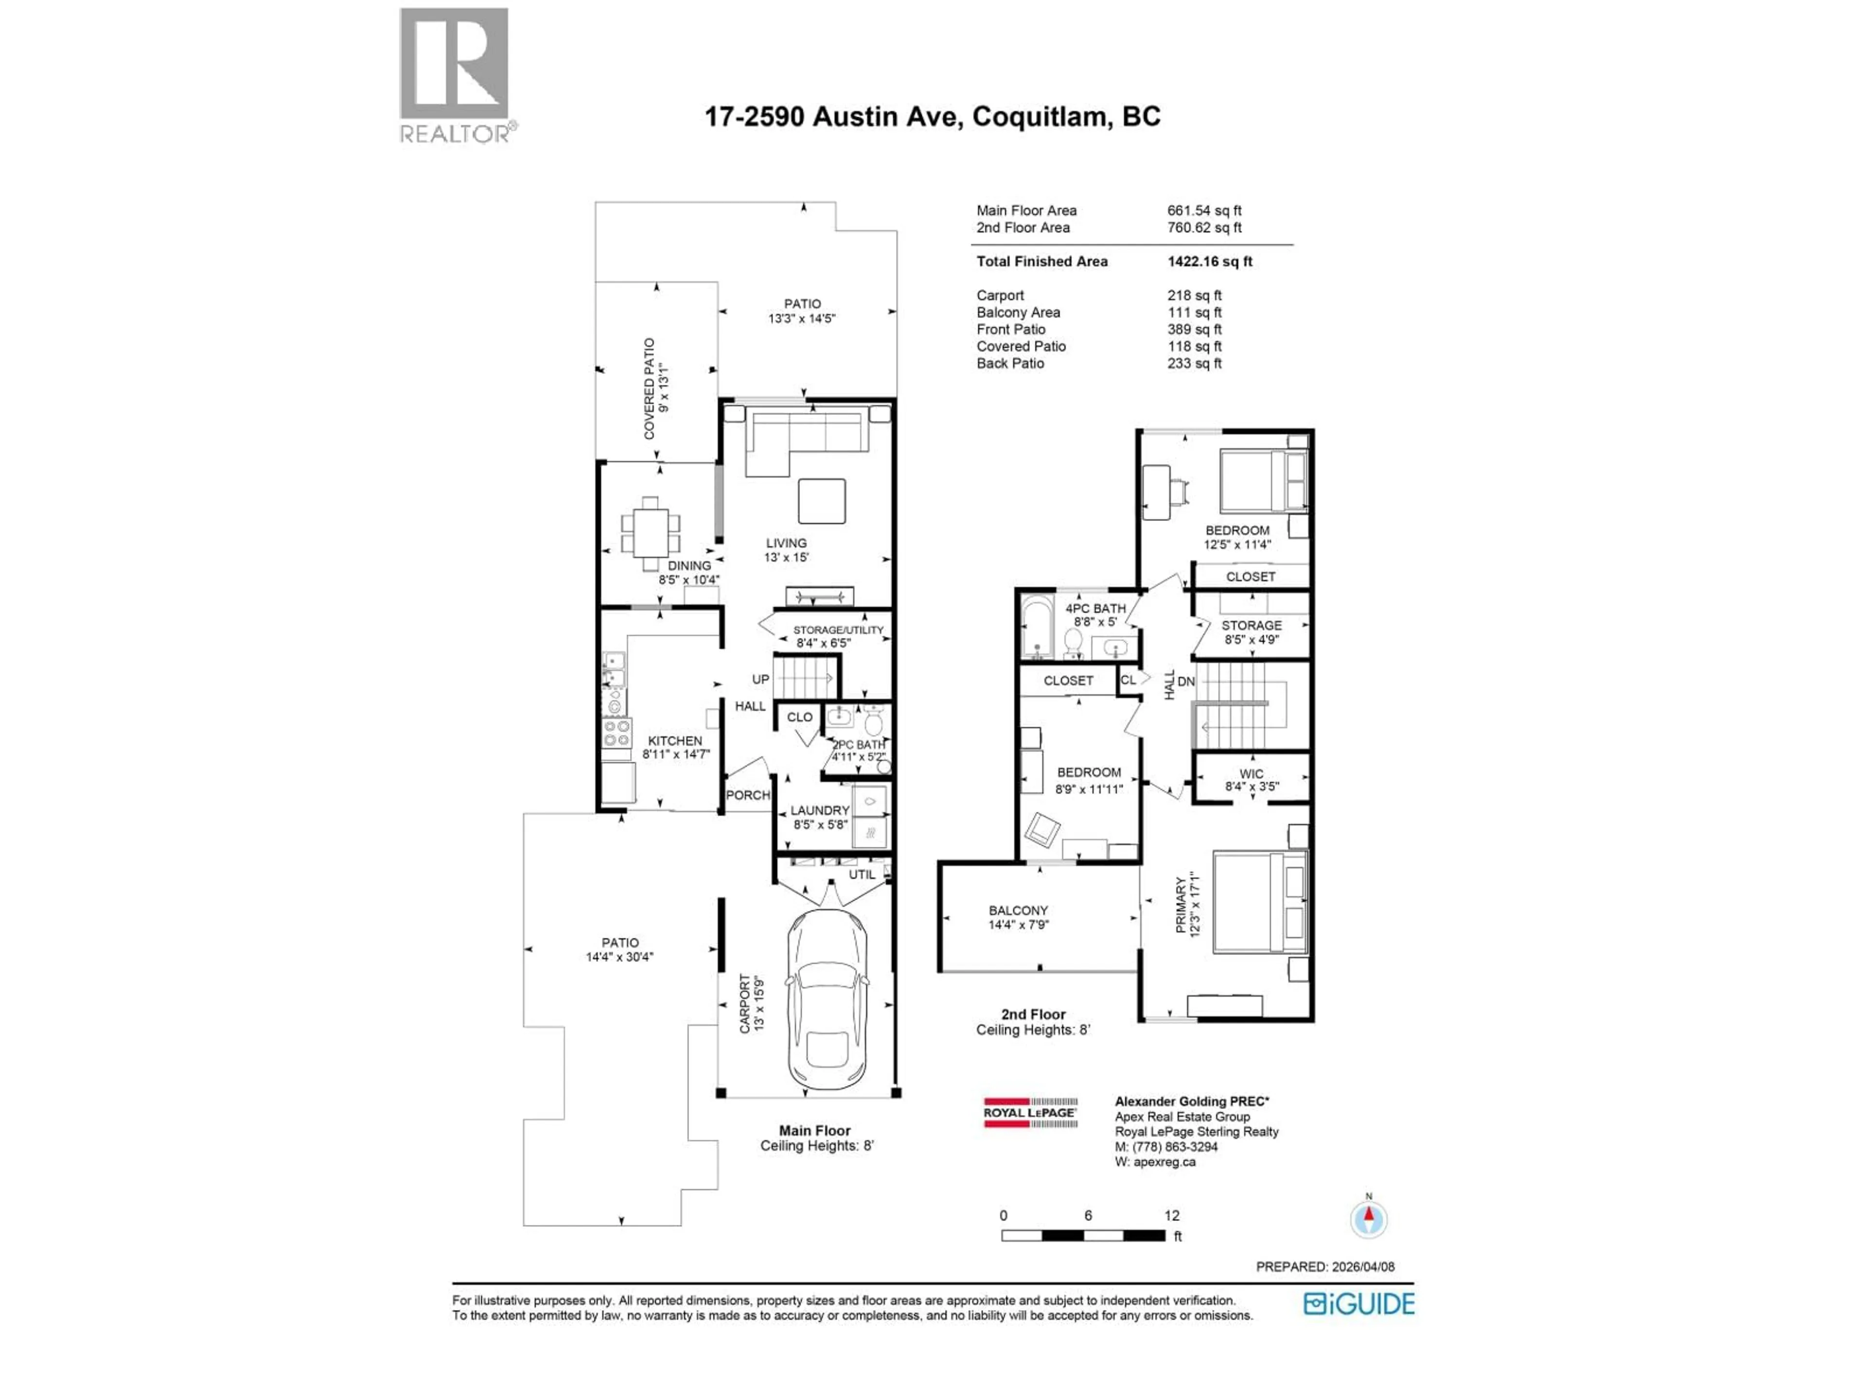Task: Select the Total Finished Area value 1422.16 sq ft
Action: pyautogui.click(x=1210, y=262)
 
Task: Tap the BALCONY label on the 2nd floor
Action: pyautogui.click(x=1018, y=910)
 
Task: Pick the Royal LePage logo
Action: pyautogui.click(x=1030, y=1112)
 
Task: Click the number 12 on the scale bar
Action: pyautogui.click(x=1172, y=1215)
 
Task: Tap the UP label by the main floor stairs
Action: pyautogui.click(x=760, y=679)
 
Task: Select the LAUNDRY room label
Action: pyautogui.click(x=820, y=810)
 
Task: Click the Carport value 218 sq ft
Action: pyautogui.click(x=1194, y=296)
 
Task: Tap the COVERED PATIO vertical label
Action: pyautogui.click(x=649, y=388)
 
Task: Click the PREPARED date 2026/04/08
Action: pyautogui.click(x=1362, y=1267)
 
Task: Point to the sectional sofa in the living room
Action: pyautogui.click(x=806, y=439)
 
